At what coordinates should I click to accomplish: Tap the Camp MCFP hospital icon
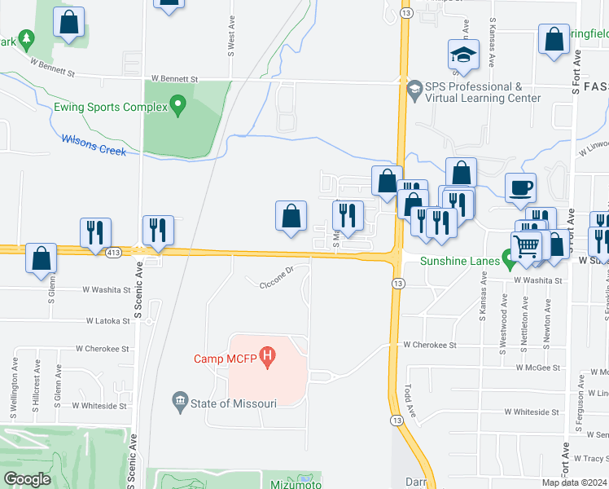click(266, 357)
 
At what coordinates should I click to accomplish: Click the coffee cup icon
click(520, 187)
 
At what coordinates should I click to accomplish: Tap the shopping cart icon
click(527, 245)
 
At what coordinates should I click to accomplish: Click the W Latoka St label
click(105, 321)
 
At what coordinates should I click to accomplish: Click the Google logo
click(27, 479)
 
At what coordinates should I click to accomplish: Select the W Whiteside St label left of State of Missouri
click(99, 405)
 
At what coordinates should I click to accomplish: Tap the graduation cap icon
click(463, 55)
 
